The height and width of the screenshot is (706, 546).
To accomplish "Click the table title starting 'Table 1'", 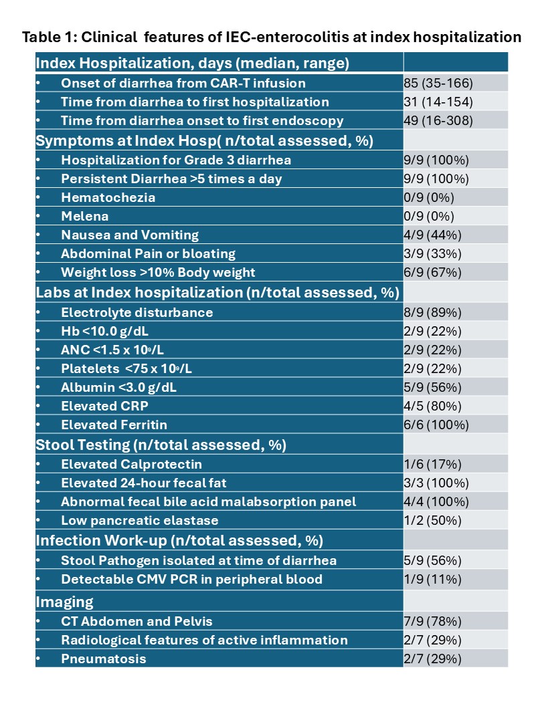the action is coord(272,37).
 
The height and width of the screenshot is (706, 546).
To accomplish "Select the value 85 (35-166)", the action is coord(438,84).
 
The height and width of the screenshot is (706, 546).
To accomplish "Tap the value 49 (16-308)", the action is coord(438,120).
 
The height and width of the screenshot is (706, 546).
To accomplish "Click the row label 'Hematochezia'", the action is coord(108,198).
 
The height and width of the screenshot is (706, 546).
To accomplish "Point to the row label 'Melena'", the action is coord(85,217).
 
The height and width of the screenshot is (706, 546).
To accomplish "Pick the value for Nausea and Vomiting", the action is coord(432,235).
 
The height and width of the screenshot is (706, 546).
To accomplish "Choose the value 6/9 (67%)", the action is coord(432,272).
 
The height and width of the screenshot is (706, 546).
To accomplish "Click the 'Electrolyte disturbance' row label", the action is coord(137,312).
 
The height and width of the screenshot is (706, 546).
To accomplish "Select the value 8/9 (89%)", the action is coord(432,312).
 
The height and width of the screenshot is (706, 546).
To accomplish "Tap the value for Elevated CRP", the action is coord(432,406).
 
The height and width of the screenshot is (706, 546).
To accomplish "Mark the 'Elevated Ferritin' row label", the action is coord(114,425).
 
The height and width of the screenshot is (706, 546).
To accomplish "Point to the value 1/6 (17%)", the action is coord(432,464).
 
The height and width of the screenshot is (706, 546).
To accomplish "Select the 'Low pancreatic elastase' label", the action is coord(140,521).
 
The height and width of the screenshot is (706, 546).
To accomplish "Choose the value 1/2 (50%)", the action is coord(432,521).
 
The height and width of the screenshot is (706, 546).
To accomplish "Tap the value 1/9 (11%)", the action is coord(432,580).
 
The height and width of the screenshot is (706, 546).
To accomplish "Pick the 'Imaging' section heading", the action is coord(64,602).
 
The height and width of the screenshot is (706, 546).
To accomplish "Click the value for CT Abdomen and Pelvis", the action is coord(432,621).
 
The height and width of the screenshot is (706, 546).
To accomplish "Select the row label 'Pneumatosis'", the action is coord(104,659).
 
